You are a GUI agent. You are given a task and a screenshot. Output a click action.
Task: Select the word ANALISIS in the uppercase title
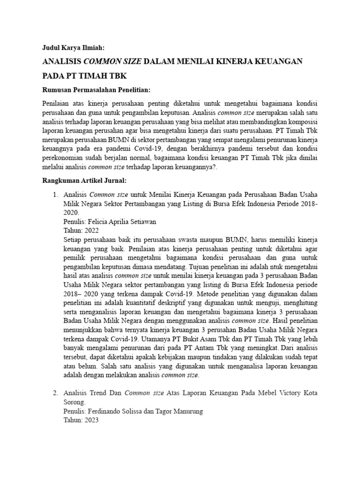coord(61,61)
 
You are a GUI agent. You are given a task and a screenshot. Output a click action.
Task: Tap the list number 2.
coord(54,392)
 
